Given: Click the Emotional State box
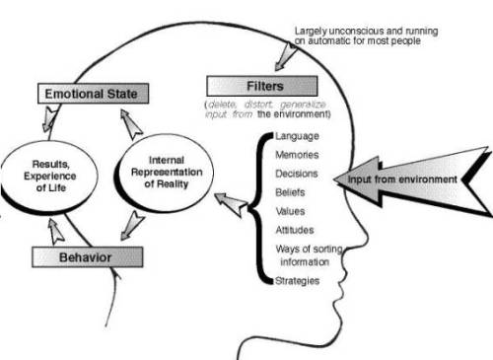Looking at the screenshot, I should pyautogui.click(x=95, y=94).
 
